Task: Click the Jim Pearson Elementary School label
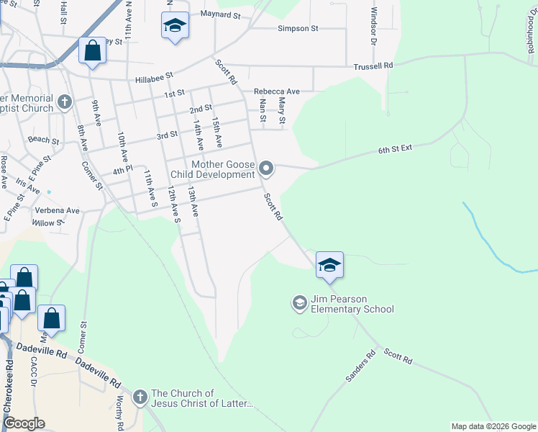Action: coord(352,305)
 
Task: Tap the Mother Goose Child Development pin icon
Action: coord(267,169)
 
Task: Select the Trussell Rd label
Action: coord(373,66)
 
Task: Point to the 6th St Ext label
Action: coord(395,149)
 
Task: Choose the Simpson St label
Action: coord(298,29)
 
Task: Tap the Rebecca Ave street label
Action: coord(277,91)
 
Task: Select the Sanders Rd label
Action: coord(360,366)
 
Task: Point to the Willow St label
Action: coord(48,223)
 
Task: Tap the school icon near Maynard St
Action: coord(175,27)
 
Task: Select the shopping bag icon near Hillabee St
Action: coord(92,51)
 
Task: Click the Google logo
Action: coord(24,423)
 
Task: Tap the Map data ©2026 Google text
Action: coord(493,426)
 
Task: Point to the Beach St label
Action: coord(42,140)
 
